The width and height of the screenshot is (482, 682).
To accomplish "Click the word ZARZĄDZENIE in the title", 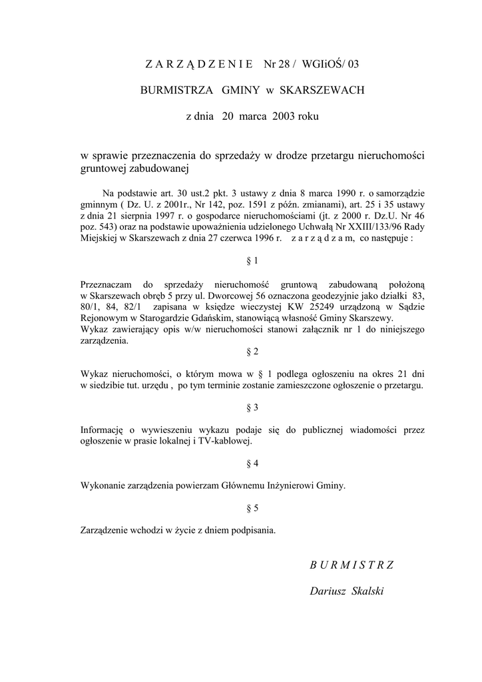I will pyautogui.click(x=198, y=64).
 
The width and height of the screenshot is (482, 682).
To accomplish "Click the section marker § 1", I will pyautogui.click(x=252, y=260).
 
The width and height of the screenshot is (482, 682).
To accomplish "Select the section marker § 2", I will pyautogui.click(x=252, y=351).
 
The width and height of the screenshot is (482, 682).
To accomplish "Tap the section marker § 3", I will pyautogui.click(x=252, y=407).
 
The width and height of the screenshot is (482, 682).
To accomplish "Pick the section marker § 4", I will pyautogui.click(x=252, y=463).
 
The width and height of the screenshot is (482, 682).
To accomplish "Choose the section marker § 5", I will pyautogui.click(x=252, y=508).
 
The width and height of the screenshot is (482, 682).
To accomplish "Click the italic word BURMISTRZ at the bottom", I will pyautogui.click(x=352, y=565).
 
